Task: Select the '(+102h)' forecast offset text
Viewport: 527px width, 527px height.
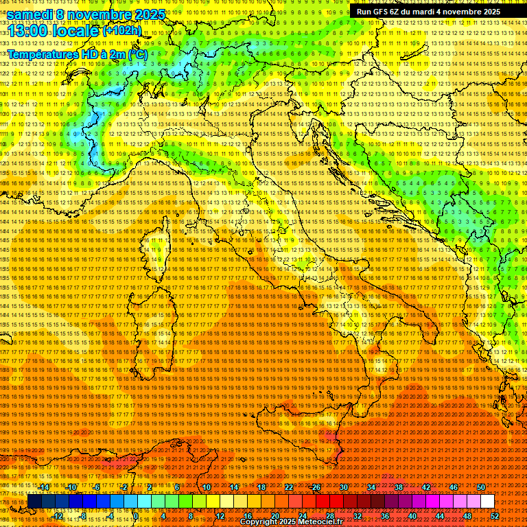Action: [x=121, y=30]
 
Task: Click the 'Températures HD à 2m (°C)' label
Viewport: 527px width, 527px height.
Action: [x=77, y=53]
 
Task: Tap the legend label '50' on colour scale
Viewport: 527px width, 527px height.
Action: [x=481, y=487]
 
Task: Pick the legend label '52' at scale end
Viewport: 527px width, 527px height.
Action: [x=495, y=516]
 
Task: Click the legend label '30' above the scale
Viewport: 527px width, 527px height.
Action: [x=343, y=487]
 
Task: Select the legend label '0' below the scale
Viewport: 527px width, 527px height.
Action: [x=137, y=516]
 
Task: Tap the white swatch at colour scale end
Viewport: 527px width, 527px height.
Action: [x=487, y=502]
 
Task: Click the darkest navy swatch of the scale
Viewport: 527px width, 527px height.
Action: [x=34, y=502]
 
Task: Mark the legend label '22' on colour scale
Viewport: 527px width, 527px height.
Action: [x=288, y=487]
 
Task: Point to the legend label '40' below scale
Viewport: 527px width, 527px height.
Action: [x=412, y=516]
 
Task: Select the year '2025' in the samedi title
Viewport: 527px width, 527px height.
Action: [x=146, y=14]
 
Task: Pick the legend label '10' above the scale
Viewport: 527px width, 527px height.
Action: [x=206, y=487]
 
